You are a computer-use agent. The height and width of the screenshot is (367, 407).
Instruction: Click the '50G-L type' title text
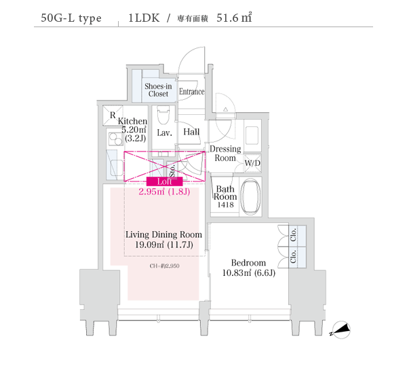point(71,18)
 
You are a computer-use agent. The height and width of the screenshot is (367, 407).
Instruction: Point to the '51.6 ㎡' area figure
point(235,18)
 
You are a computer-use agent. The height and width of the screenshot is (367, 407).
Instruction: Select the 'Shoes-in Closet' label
point(158,90)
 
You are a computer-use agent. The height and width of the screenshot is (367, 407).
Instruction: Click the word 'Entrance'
point(192,91)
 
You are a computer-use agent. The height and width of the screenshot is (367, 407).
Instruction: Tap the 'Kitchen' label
point(132,121)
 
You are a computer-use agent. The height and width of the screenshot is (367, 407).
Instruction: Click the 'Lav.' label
point(163,133)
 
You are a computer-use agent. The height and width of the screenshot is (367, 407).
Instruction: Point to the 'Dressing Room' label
point(225,154)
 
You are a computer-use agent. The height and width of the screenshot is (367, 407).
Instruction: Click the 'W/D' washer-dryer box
point(252,164)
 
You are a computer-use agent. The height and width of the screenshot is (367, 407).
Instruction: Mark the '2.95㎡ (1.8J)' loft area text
point(163,192)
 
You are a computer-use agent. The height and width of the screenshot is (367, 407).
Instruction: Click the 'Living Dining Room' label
point(163,234)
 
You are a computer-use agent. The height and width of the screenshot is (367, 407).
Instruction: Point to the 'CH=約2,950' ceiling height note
point(165,266)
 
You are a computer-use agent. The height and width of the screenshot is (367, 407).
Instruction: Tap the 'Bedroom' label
point(248,262)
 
